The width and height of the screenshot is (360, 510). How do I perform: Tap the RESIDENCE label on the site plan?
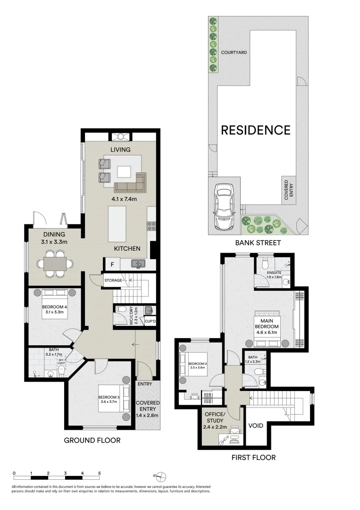(256, 129)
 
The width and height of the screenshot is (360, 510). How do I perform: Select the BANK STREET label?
(258, 243)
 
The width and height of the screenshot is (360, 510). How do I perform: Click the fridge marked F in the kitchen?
(112, 264)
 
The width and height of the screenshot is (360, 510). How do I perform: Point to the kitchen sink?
(137, 263)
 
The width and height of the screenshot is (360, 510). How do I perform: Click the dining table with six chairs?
(56, 263)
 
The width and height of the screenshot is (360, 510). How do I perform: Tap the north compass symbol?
(161, 476)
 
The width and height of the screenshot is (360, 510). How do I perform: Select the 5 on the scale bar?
(99, 473)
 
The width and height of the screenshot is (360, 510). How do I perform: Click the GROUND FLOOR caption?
(92, 441)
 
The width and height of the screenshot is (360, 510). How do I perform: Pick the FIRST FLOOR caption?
(253, 457)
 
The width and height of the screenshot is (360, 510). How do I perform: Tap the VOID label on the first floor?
(256, 425)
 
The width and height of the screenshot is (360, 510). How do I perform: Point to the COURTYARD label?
(234, 52)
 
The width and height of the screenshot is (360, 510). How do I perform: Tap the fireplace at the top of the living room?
(120, 136)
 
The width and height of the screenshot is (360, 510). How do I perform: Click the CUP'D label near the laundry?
(151, 321)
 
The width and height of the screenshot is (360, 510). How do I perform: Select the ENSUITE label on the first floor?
(274, 272)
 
